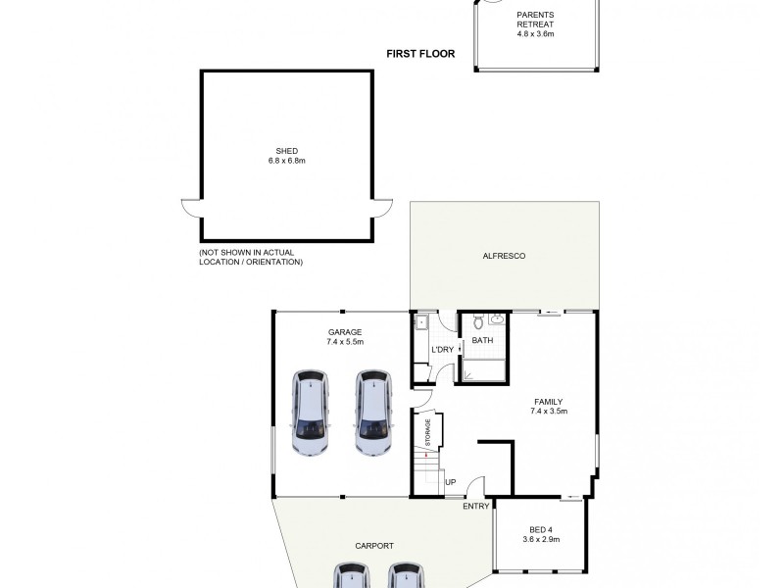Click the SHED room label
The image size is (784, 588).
coord(287,151)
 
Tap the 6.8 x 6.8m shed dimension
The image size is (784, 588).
coord(287,161)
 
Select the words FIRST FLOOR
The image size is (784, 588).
coord(421,55)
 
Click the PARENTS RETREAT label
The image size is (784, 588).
coord(535,20)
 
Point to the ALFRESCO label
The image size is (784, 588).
coord(506,256)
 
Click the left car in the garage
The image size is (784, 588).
coord(311,413)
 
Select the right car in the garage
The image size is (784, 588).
coord(371,413)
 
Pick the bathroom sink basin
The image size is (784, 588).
coord(497,318)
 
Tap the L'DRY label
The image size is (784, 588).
coord(442,350)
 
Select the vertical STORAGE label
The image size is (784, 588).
coord(427,431)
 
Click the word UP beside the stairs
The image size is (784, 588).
coord(451,482)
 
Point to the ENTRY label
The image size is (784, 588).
coord(475,505)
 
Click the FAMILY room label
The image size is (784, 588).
coord(549,402)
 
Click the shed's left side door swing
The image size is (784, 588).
coord(191,208)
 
